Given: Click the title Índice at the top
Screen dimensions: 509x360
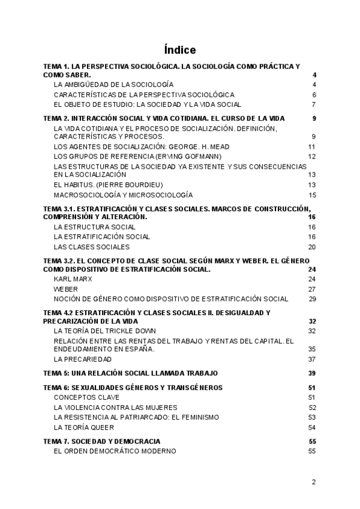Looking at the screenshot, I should click(179, 50).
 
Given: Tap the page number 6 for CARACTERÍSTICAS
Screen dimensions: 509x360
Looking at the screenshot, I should click(314, 95).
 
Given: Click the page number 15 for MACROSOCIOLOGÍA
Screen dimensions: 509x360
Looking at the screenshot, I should click(312, 194).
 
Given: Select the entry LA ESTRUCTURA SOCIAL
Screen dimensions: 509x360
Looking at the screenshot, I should click(94, 227).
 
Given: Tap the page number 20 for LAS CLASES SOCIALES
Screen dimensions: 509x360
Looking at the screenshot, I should click(312, 247).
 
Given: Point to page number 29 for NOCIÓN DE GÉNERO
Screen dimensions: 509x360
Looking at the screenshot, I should click(312, 298).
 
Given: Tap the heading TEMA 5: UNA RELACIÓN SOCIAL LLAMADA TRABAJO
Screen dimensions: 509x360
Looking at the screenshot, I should click(131, 373).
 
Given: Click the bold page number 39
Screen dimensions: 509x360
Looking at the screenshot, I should click(312, 373).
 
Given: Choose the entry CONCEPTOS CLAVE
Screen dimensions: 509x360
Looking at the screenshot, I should click(86, 397).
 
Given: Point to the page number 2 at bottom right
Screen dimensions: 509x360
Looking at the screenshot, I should click(314, 481).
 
